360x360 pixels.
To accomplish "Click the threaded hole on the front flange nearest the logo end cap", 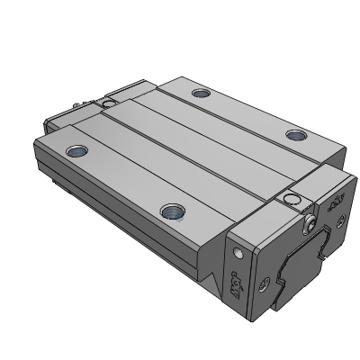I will [171, 212].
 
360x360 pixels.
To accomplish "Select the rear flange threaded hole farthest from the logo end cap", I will [199, 93].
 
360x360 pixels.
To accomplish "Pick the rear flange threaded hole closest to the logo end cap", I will [295, 136].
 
